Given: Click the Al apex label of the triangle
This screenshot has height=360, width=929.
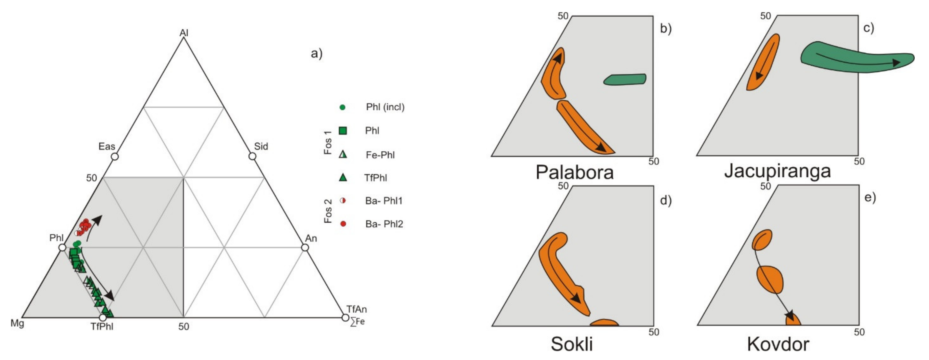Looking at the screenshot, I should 184,33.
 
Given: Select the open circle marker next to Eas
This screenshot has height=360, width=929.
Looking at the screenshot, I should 115,157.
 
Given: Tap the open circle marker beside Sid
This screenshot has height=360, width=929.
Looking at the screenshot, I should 252,156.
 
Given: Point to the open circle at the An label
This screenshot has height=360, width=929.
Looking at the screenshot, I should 305,247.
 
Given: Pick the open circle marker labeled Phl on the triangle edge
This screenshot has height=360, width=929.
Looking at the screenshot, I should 62,247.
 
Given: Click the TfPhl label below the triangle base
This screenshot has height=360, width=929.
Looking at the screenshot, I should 102,327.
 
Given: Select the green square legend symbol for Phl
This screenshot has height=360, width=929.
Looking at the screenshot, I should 343,131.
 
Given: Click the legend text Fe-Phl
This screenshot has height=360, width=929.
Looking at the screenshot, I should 380,155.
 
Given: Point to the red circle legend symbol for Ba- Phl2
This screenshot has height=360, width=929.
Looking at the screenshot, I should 343,224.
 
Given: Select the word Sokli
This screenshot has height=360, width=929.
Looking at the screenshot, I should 572,344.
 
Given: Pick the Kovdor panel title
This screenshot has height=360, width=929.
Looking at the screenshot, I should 778,344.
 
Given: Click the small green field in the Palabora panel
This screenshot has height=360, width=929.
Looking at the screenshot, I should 625,79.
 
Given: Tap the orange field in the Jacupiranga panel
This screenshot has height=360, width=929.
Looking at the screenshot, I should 763,62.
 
